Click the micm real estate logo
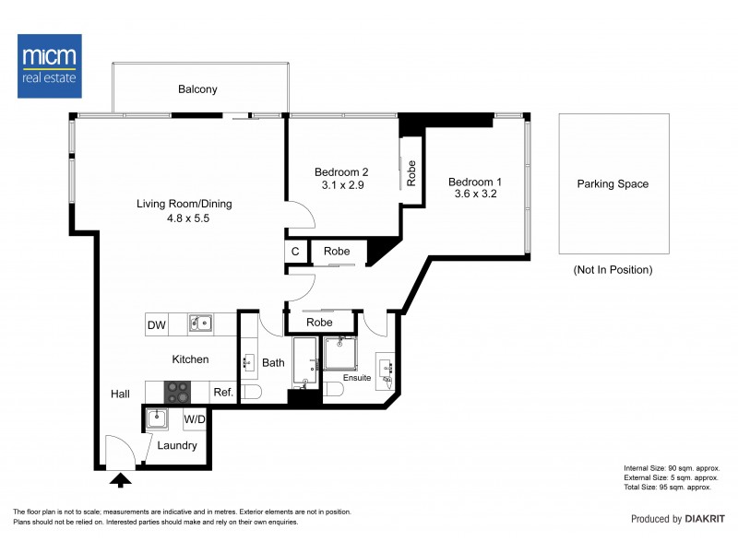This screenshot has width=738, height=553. [50, 65]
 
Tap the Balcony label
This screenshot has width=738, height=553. [197, 89]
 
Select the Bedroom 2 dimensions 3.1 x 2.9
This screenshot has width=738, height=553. [342, 185]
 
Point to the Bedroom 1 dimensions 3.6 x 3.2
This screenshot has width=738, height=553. [475, 194]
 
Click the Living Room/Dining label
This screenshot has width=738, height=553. [184, 204]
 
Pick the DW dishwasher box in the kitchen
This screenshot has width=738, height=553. [157, 324]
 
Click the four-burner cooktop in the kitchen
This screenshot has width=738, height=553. [177, 393]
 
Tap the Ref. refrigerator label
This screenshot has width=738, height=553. [223, 393]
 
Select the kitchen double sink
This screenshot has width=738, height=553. [200, 324]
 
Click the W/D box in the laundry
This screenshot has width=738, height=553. [195, 419]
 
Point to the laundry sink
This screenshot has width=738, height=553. [157, 418]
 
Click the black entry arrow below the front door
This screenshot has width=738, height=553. [121, 480]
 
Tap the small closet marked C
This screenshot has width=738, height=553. [295, 252]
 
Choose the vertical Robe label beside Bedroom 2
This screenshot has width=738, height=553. [411, 173]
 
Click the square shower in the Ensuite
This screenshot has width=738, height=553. [339, 353]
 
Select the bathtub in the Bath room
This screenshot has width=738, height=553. [305, 362]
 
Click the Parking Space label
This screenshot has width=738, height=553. [613, 183]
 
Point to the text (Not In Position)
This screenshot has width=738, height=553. [613, 270]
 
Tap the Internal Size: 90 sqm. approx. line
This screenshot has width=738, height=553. [672, 468]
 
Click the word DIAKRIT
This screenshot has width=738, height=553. [705, 519]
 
